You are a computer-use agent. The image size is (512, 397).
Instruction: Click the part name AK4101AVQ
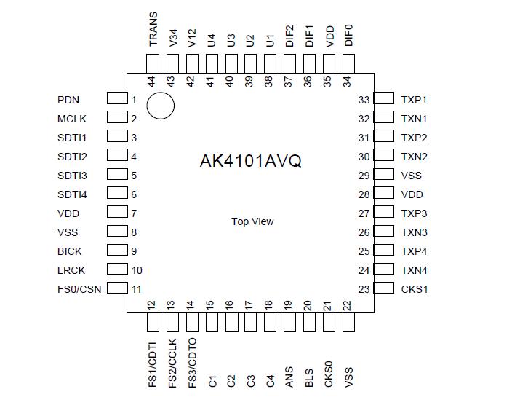click(x=250, y=161)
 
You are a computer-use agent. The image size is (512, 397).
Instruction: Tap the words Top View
click(x=252, y=221)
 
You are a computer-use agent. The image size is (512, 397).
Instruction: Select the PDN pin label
click(x=68, y=100)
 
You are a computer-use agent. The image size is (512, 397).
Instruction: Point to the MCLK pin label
click(x=72, y=119)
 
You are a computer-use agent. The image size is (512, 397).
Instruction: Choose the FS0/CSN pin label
click(x=79, y=289)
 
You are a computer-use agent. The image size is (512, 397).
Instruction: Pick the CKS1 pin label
click(x=415, y=289)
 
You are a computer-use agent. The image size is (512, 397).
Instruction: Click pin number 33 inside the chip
click(x=364, y=100)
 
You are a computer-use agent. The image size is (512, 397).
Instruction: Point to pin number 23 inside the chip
click(x=364, y=289)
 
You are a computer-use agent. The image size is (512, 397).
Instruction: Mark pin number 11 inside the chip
click(x=136, y=289)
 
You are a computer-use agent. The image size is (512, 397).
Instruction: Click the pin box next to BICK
click(x=116, y=251)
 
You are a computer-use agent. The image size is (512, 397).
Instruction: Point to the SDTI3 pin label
click(x=72, y=176)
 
